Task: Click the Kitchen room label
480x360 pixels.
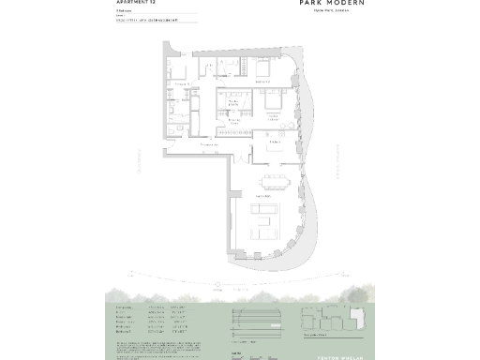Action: [275, 142]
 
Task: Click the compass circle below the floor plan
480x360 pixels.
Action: [218, 284]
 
